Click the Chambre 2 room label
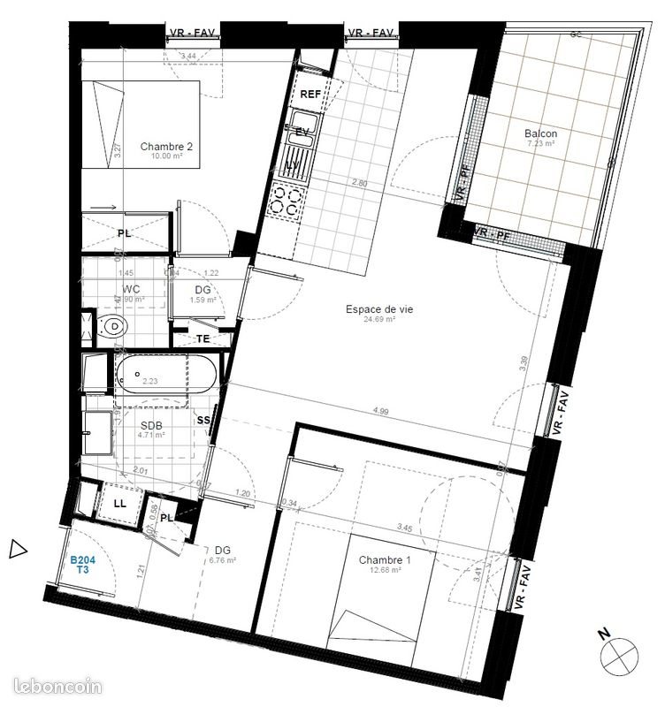pos(166,147)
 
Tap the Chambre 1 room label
pos(386,560)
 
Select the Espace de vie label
pos(379,309)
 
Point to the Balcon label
pos(540,134)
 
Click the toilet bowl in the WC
pos(113,328)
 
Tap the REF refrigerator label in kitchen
pos(310,94)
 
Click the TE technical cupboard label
pos(203,338)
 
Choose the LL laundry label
pos(120,504)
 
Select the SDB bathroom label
pos(151,424)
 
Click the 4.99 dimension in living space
pos(381,411)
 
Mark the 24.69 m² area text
pos(379,320)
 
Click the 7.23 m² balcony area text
pos(540,144)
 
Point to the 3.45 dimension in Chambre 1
pos(405,528)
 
